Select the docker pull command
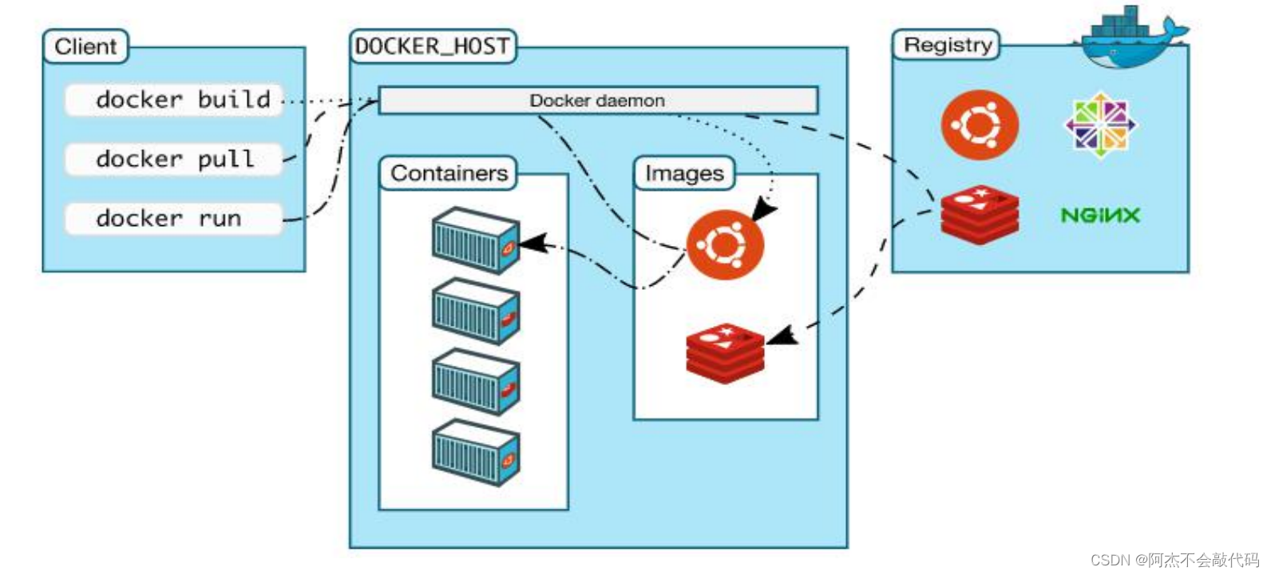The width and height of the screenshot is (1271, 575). [x=174, y=159]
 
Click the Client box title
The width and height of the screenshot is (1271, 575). [x=85, y=46]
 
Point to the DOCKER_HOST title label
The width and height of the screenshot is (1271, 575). [x=432, y=46]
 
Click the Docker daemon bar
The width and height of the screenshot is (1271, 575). [x=597, y=101]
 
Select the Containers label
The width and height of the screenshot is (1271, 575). [x=449, y=173]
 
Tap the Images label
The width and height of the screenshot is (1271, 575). [x=684, y=173]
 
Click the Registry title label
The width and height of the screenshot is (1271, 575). [x=947, y=45]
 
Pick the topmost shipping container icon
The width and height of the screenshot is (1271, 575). [x=476, y=240]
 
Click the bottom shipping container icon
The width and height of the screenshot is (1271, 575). [x=476, y=452]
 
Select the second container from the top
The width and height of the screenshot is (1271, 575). [x=476, y=311]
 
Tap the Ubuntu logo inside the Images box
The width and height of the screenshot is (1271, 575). [x=725, y=244]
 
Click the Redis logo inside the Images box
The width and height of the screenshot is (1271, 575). [x=725, y=352]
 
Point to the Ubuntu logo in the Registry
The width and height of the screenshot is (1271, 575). [x=980, y=125]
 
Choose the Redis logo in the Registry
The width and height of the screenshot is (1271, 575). [x=980, y=213]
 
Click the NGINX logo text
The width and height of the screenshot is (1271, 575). [x=1099, y=215]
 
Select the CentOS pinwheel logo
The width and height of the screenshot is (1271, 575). [x=1100, y=125]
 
